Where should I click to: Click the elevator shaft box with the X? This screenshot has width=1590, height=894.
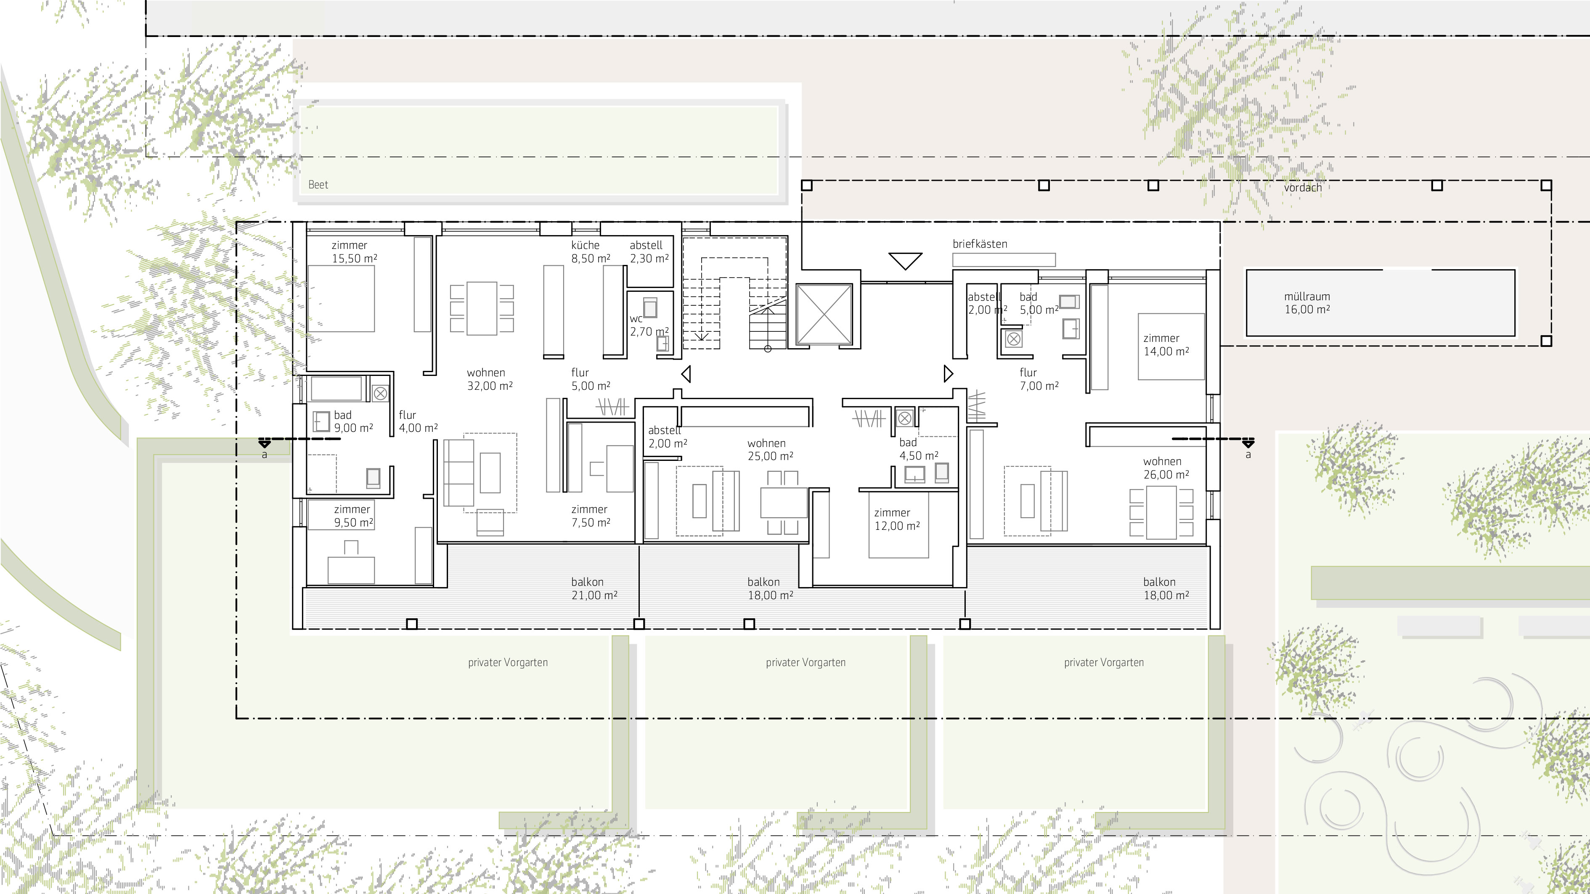(x=824, y=315)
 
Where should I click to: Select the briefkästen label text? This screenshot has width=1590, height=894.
(x=980, y=244)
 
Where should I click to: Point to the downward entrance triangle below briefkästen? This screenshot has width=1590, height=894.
(x=906, y=260)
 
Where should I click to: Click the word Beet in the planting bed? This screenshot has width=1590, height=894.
(x=318, y=185)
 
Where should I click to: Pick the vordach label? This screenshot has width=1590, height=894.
(x=1302, y=188)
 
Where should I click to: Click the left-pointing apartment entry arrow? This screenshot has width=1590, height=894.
(x=686, y=374)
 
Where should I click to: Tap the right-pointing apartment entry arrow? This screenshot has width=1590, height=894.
(x=949, y=374)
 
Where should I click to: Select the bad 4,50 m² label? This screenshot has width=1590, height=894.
(x=918, y=449)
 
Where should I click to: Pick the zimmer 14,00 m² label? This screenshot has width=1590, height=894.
(x=1166, y=345)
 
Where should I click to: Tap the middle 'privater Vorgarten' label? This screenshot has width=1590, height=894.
(x=806, y=663)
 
